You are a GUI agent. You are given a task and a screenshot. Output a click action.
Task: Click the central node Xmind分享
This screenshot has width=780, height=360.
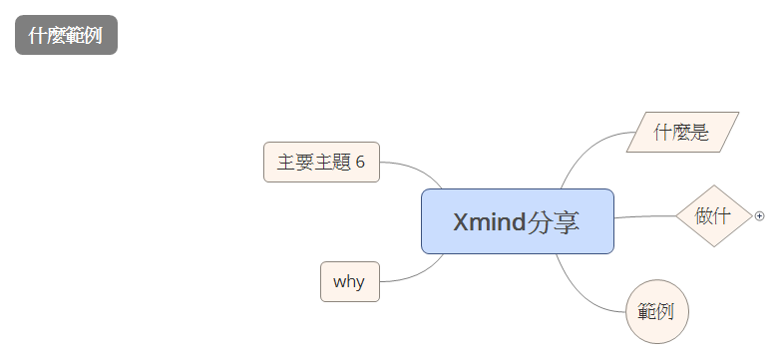click(517, 221)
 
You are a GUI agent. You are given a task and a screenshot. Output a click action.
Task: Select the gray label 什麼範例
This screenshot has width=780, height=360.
click(66, 36)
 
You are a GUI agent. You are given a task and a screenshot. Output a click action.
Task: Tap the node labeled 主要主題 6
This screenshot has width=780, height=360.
click(321, 163)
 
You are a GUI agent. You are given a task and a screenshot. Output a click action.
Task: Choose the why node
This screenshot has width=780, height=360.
click(349, 281)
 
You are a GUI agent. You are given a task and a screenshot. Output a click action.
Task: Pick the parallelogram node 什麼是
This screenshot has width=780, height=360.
click(682, 132)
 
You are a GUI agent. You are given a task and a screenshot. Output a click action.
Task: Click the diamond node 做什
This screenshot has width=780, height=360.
click(713, 215)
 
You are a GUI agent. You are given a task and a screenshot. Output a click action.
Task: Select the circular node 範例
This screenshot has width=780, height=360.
click(657, 310)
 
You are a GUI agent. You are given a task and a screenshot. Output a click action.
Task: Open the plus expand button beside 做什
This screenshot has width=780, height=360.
click(760, 215)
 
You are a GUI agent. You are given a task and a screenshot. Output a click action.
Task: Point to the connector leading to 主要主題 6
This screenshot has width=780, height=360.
click(411, 167)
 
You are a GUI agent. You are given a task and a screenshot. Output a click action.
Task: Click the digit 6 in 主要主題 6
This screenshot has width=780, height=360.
click(360, 163)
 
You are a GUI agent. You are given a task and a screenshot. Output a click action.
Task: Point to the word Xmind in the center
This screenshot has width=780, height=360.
click(487, 221)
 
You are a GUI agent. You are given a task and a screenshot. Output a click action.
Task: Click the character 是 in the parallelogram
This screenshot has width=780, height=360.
click(700, 132)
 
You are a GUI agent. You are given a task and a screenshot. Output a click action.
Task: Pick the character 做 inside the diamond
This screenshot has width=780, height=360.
click(704, 215)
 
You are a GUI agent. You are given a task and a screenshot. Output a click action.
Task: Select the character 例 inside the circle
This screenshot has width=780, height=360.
click(666, 310)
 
